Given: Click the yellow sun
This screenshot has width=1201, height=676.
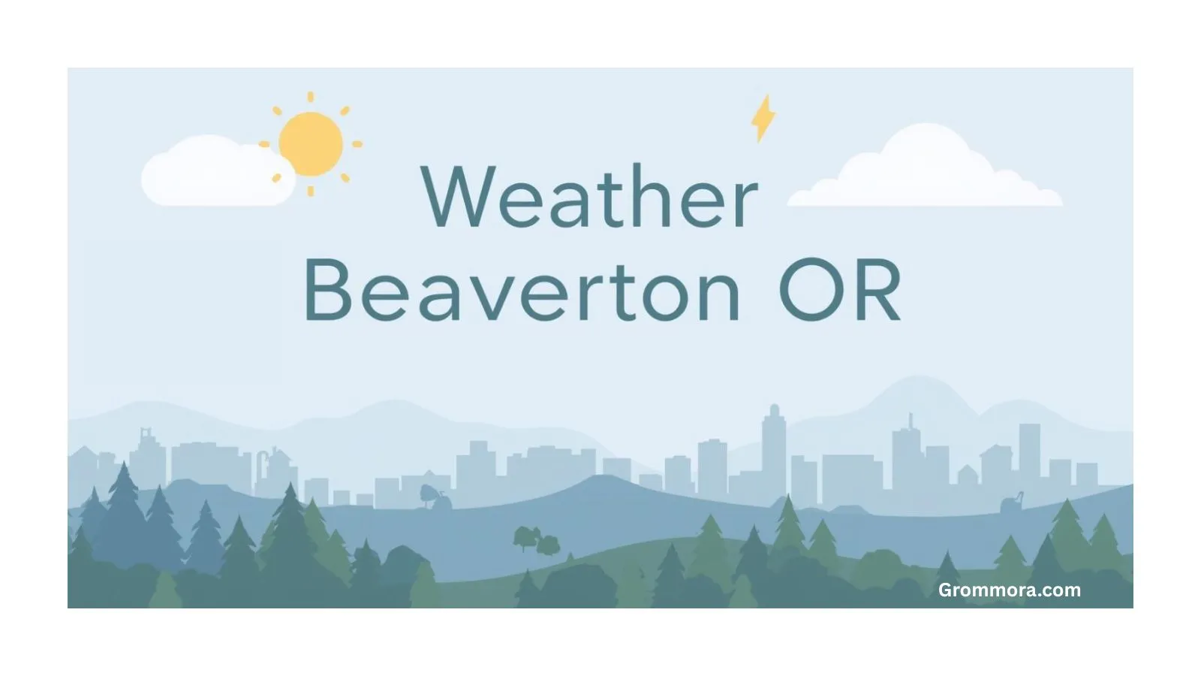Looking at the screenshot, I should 311,144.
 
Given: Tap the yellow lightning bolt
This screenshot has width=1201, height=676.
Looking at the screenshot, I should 763,119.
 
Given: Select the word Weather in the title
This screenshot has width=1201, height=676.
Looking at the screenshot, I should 590,197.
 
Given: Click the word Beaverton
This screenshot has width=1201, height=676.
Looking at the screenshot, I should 522,291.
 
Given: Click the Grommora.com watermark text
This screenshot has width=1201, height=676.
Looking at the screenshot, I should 1009,590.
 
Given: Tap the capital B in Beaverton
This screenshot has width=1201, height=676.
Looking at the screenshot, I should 328,291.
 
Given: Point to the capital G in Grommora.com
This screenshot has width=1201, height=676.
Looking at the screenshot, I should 945,590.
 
